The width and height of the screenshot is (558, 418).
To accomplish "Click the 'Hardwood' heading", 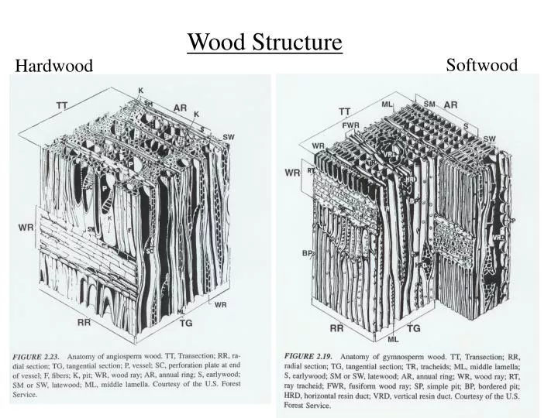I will (53, 67).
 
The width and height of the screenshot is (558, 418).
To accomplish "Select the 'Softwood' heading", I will (481, 65).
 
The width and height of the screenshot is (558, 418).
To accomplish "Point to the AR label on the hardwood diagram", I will (180, 108).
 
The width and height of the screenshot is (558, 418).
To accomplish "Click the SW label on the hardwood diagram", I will (229, 137).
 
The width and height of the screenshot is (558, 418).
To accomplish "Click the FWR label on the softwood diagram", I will (350, 125).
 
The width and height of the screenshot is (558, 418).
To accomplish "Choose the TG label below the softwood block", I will (414, 328).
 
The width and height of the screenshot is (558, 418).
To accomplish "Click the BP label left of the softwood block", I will (308, 253).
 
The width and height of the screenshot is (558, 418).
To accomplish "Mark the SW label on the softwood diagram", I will (489, 139).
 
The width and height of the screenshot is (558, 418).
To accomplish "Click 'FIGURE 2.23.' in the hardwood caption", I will (38, 356).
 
